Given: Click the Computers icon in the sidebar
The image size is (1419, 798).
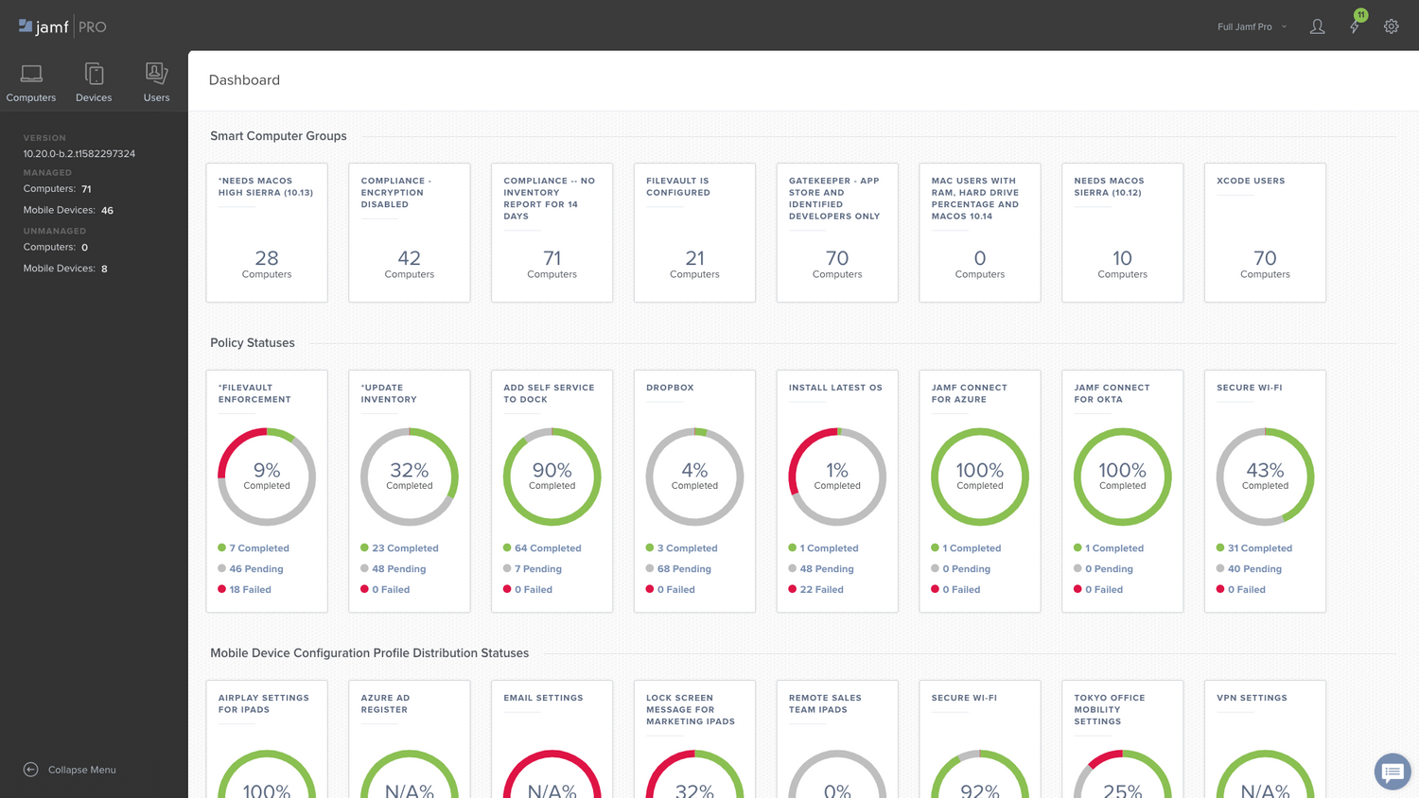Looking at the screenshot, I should point(31,75).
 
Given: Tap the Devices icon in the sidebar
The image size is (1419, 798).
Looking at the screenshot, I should point(94,75).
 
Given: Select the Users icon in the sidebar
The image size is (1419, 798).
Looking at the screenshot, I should point(156,75).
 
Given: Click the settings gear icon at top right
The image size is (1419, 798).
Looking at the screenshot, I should point(1391,26).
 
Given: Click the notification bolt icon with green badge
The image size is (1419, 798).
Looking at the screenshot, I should point(1355,26).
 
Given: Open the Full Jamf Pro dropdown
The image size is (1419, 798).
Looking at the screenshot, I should point(1251,26).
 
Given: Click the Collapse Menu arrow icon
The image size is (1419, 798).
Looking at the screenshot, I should point(31,770).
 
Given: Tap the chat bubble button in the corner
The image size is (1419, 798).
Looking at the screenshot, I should point(1392,772).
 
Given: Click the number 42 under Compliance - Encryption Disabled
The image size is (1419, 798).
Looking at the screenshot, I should point(409,258).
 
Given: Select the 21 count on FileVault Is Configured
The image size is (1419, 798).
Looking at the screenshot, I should point(694,258).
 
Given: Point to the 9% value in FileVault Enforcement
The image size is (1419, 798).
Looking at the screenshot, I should point(267,470).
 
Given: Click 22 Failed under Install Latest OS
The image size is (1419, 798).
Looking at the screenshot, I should point(821,589).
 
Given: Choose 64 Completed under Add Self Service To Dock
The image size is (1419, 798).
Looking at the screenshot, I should point(548,548).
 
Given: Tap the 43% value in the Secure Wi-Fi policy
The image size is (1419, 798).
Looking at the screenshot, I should point(1265,470).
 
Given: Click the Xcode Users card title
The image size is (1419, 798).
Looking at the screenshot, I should point(1251,181).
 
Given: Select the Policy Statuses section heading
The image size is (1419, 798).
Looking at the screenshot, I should point(253,342).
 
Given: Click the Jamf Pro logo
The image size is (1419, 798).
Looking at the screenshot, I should point(62,26).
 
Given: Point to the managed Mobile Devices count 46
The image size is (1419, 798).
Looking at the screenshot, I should point(107,211).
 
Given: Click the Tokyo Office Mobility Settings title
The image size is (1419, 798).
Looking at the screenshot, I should point(1109,709).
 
